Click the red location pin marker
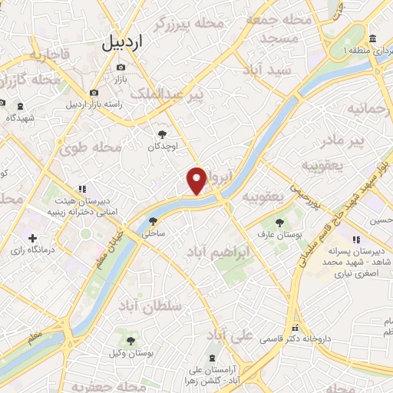[197, 180]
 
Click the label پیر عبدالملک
[167, 94]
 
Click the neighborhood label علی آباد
[230, 335]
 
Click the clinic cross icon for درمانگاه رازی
[31, 238]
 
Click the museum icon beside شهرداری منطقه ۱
[372, 38]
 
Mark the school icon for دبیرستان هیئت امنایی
[81, 188]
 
